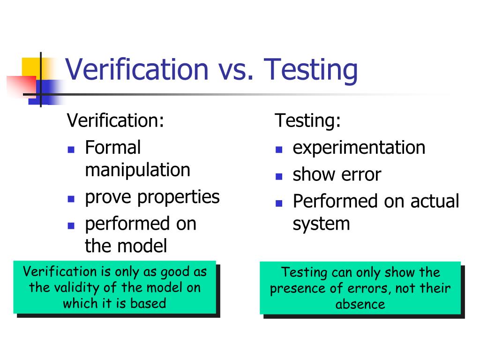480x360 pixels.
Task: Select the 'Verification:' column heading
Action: click(x=115, y=120)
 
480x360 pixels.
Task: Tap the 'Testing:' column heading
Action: click(x=307, y=120)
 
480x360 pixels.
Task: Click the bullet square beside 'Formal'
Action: click(x=71, y=150)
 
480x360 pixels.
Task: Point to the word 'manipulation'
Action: click(x=137, y=170)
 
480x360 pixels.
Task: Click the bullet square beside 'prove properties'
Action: click(x=71, y=199)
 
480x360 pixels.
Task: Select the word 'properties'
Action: click(x=178, y=197)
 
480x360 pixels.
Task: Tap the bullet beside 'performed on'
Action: click(x=71, y=225)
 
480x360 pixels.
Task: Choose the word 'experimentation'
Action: click(x=359, y=147)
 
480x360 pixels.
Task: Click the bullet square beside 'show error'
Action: click(x=279, y=177)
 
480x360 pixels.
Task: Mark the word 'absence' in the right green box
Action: click(x=360, y=304)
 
